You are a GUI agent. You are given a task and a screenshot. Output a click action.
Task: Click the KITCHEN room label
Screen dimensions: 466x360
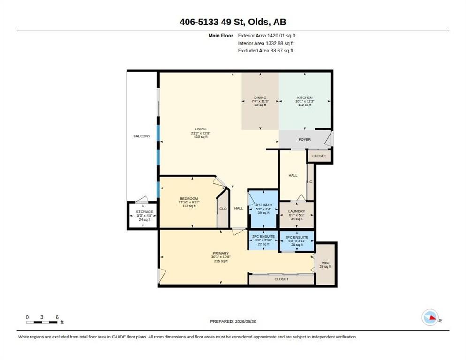click(x=305, y=97)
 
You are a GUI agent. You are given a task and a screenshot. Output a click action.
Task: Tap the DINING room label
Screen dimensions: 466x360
click(x=260, y=97)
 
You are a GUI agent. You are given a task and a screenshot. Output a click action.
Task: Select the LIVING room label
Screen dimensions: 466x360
click(x=201, y=129)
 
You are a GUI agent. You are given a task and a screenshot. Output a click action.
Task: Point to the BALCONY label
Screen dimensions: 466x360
click(x=142, y=136)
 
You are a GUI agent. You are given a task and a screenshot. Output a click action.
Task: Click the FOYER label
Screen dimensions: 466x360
click(x=305, y=139)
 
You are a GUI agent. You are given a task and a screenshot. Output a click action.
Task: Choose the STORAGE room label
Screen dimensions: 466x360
click(x=145, y=212)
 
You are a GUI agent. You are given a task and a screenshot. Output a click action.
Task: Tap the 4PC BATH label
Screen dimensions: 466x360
click(x=263, y=205)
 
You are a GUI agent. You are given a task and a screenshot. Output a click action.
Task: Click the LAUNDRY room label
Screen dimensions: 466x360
click(x=297, y=211)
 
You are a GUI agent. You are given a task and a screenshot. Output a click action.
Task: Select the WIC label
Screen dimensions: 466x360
click(x=325, y=263)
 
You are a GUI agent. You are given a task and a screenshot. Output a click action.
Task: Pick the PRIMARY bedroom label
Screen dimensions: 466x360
click(x=220, y=253)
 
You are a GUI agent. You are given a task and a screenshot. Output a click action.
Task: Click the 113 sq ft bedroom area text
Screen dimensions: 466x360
click(x=189, y=206)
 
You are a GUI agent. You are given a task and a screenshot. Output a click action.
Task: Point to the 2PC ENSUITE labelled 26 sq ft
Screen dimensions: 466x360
click(x=297, y=237)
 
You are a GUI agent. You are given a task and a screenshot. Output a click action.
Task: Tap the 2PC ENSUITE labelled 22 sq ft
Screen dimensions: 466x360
click(x=263, y=236)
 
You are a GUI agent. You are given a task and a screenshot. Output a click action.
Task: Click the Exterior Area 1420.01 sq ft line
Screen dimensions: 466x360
click(x=267, y=36)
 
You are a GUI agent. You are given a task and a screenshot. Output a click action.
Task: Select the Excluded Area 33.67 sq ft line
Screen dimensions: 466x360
click(x=265, y=51)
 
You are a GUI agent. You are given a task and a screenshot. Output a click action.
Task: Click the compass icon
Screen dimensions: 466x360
click(x=430, y=317)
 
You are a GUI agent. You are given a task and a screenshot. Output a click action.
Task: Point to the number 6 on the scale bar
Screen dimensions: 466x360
click(x=57, y=317)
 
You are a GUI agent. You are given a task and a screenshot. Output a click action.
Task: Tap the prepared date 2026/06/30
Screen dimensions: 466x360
click(x=246, y=322)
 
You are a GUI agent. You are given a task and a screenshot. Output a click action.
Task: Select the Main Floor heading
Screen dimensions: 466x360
click(x=220, y=36)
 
